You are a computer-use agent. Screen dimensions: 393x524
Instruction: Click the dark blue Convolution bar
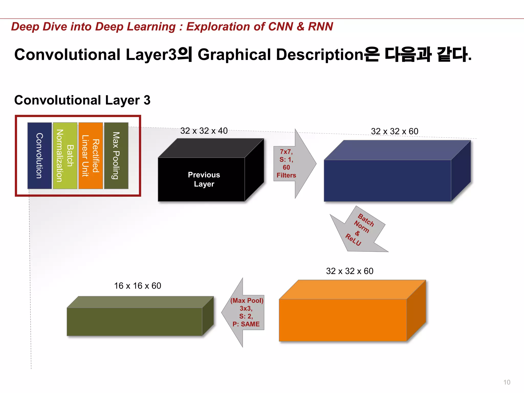pos(39,156)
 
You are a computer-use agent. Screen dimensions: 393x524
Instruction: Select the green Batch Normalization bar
pos(65,156)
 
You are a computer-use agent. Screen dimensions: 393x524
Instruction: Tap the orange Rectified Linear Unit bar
pos(91,156)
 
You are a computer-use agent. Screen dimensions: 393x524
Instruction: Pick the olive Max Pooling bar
pos(116,156)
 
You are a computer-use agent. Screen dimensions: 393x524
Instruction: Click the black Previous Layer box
pos(202,179)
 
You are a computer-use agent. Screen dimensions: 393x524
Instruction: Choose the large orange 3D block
pos(343,320)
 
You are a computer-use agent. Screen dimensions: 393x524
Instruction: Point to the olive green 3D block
pos(135,321)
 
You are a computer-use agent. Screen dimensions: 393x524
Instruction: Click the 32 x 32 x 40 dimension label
pos(204,131)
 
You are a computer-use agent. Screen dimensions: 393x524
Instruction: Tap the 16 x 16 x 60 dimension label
pos(138,286)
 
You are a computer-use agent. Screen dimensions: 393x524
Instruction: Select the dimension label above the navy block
pos(395,131)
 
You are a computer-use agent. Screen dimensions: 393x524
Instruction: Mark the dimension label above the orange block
pos(350,271)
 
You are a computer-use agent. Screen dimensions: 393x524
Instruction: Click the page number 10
pos(507,382)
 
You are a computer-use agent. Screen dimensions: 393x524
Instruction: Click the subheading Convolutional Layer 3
pos(82,100)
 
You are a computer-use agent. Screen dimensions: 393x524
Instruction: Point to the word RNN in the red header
pos(320,27)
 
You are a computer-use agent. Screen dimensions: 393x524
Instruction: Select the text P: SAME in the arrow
pos(246,324)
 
